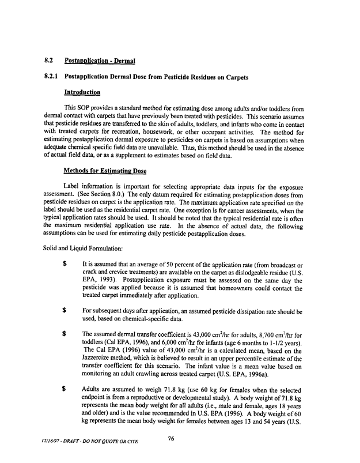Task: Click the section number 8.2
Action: (x=49, y=60)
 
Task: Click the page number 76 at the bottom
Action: (x=170, y=439)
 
